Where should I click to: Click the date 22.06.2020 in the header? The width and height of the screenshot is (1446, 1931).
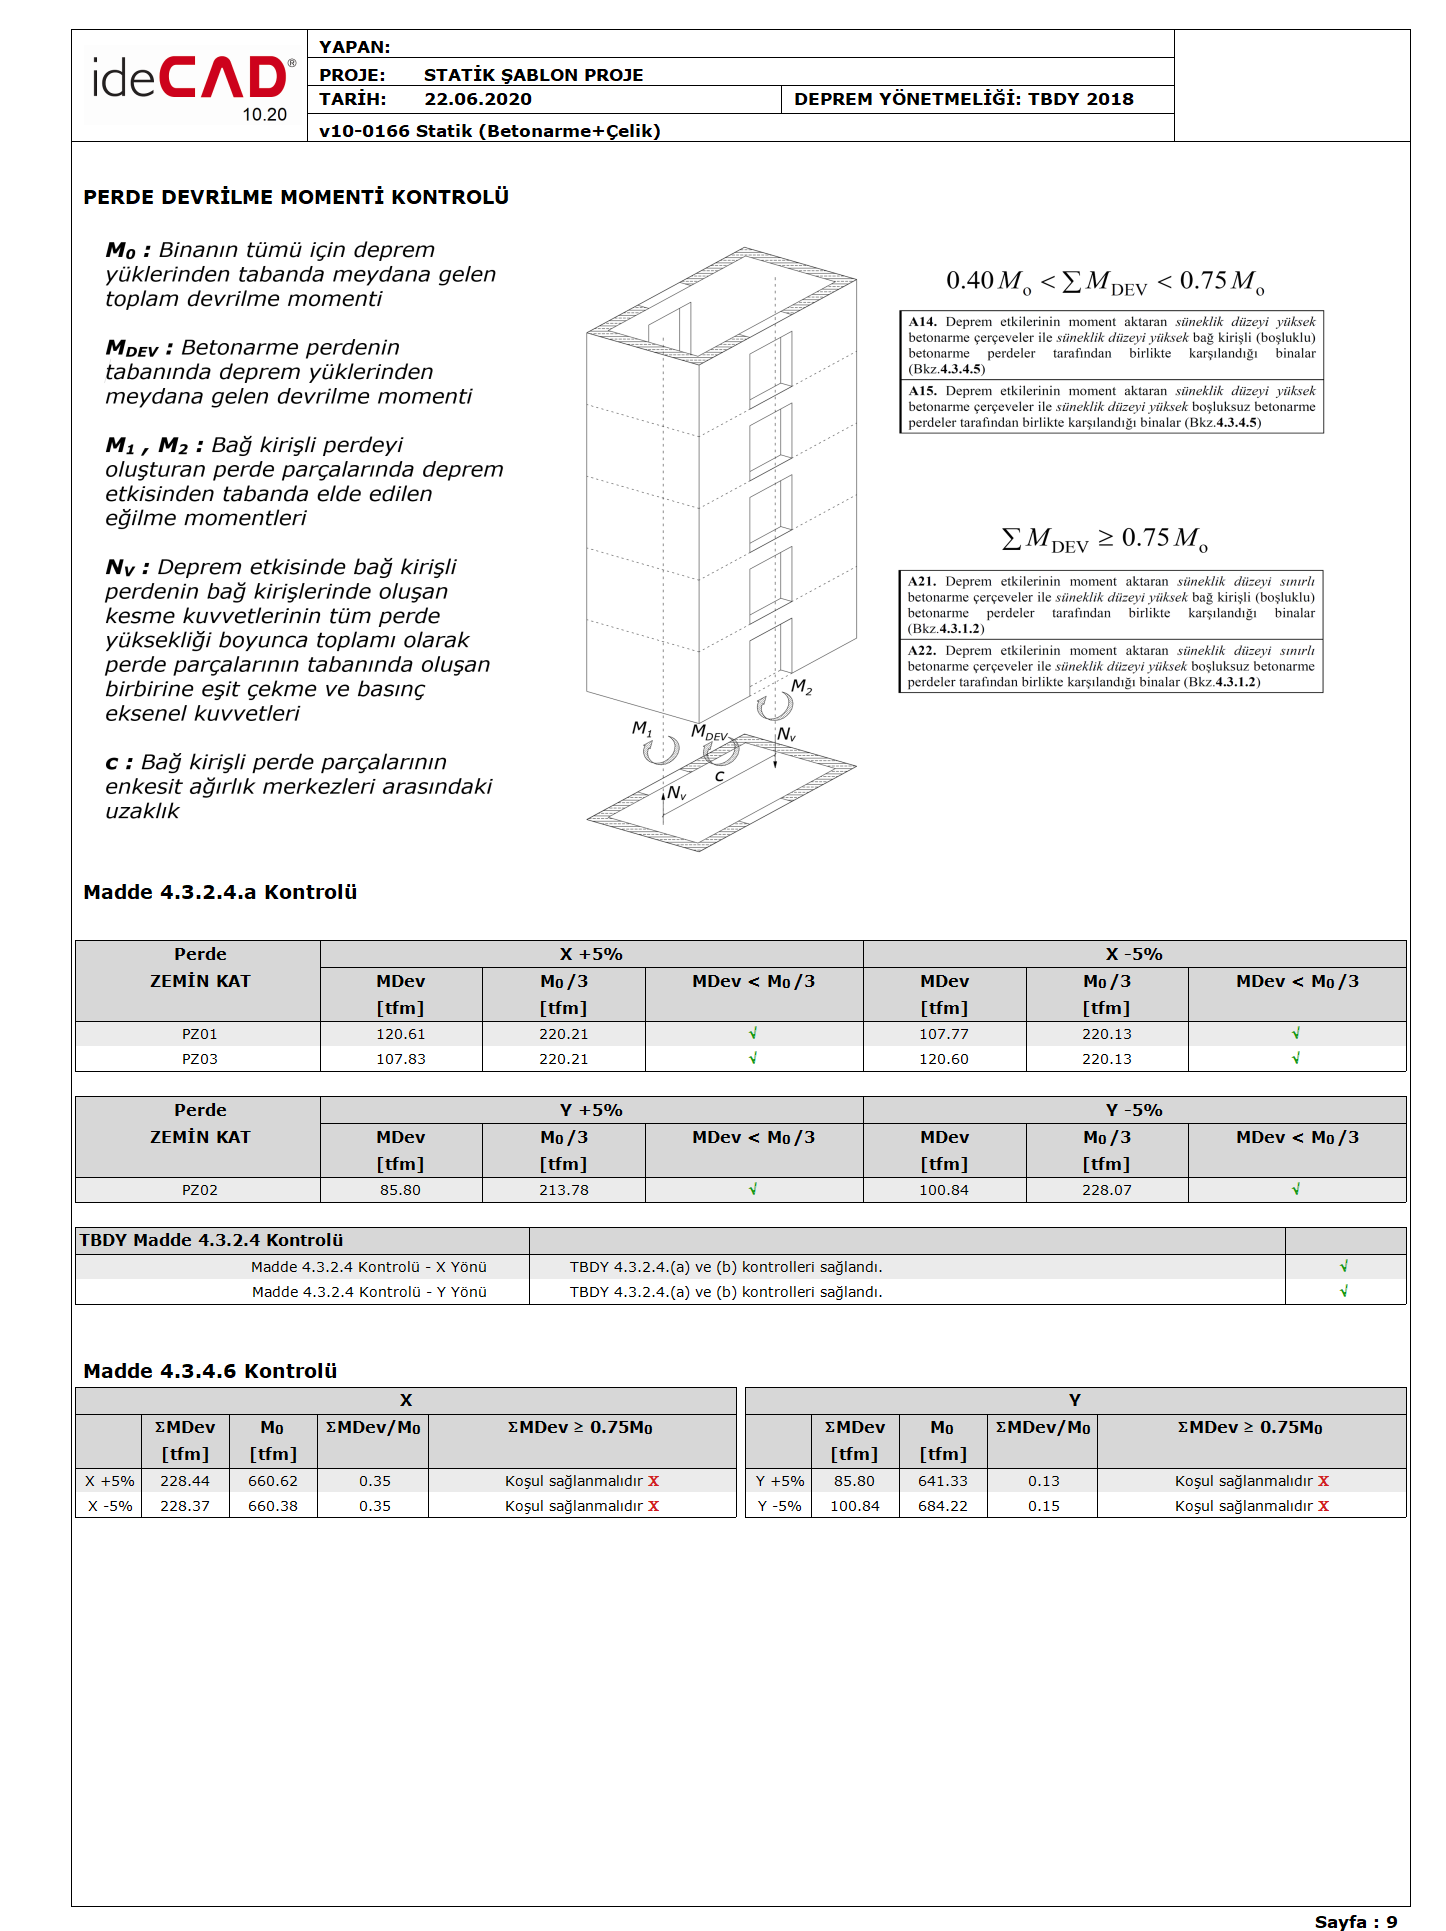point(478,99)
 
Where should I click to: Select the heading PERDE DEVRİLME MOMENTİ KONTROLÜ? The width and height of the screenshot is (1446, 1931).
point(296,197)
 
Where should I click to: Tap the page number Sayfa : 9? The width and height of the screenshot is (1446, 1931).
point(1355,1921)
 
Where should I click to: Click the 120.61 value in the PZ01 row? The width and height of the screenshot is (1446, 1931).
point(400,1034)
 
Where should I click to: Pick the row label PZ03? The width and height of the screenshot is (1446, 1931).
point(199,1059)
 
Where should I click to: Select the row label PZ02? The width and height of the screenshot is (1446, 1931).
point(199,1190)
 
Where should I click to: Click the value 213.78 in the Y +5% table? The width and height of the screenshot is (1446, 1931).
point(564,1190)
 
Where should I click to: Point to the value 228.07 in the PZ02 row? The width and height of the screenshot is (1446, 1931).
point(1106,1190)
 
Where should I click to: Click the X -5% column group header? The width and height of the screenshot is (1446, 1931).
point(1134,954)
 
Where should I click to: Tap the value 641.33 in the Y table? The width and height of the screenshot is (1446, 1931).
point(942,1481)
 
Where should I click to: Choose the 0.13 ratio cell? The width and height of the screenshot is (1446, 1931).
point(1043,1481)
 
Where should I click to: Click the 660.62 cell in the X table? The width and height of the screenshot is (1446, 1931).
point(272,1481)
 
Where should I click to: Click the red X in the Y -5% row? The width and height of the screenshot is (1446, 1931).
point(1323,1506)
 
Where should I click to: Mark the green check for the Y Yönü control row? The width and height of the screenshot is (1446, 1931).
point(1344,1292)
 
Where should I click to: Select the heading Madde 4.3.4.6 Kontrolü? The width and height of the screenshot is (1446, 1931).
point(210,1371)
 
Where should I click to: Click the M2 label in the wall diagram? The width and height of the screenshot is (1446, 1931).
point(801,687)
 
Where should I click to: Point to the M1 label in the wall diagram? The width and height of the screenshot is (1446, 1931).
point(641,728)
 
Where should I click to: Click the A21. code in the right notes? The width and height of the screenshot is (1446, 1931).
point(922,581)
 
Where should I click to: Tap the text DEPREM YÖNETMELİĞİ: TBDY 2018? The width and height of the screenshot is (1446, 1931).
point(963,99)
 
